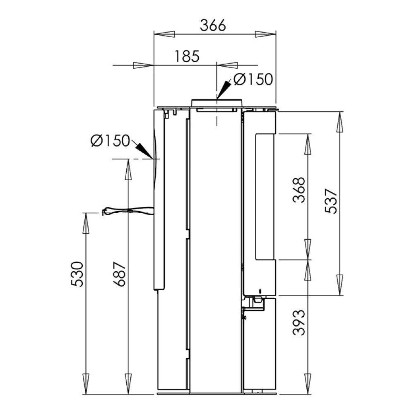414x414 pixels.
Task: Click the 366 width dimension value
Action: click(x=213, y=25)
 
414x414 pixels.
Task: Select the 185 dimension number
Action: click(x=187, y=56)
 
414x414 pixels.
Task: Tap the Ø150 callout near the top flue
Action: click(x=253, y=79)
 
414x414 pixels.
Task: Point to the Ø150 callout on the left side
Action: click(x=110, y=140)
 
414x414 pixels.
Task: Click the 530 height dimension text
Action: click(x=77, y=274)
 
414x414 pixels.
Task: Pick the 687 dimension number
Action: click(x=119, y=274)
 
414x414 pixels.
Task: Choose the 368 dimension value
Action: click(x=299, y=190)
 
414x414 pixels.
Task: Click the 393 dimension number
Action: click(x=299, y=323)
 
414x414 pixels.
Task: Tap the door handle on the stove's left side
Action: click(x=127, y=211)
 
